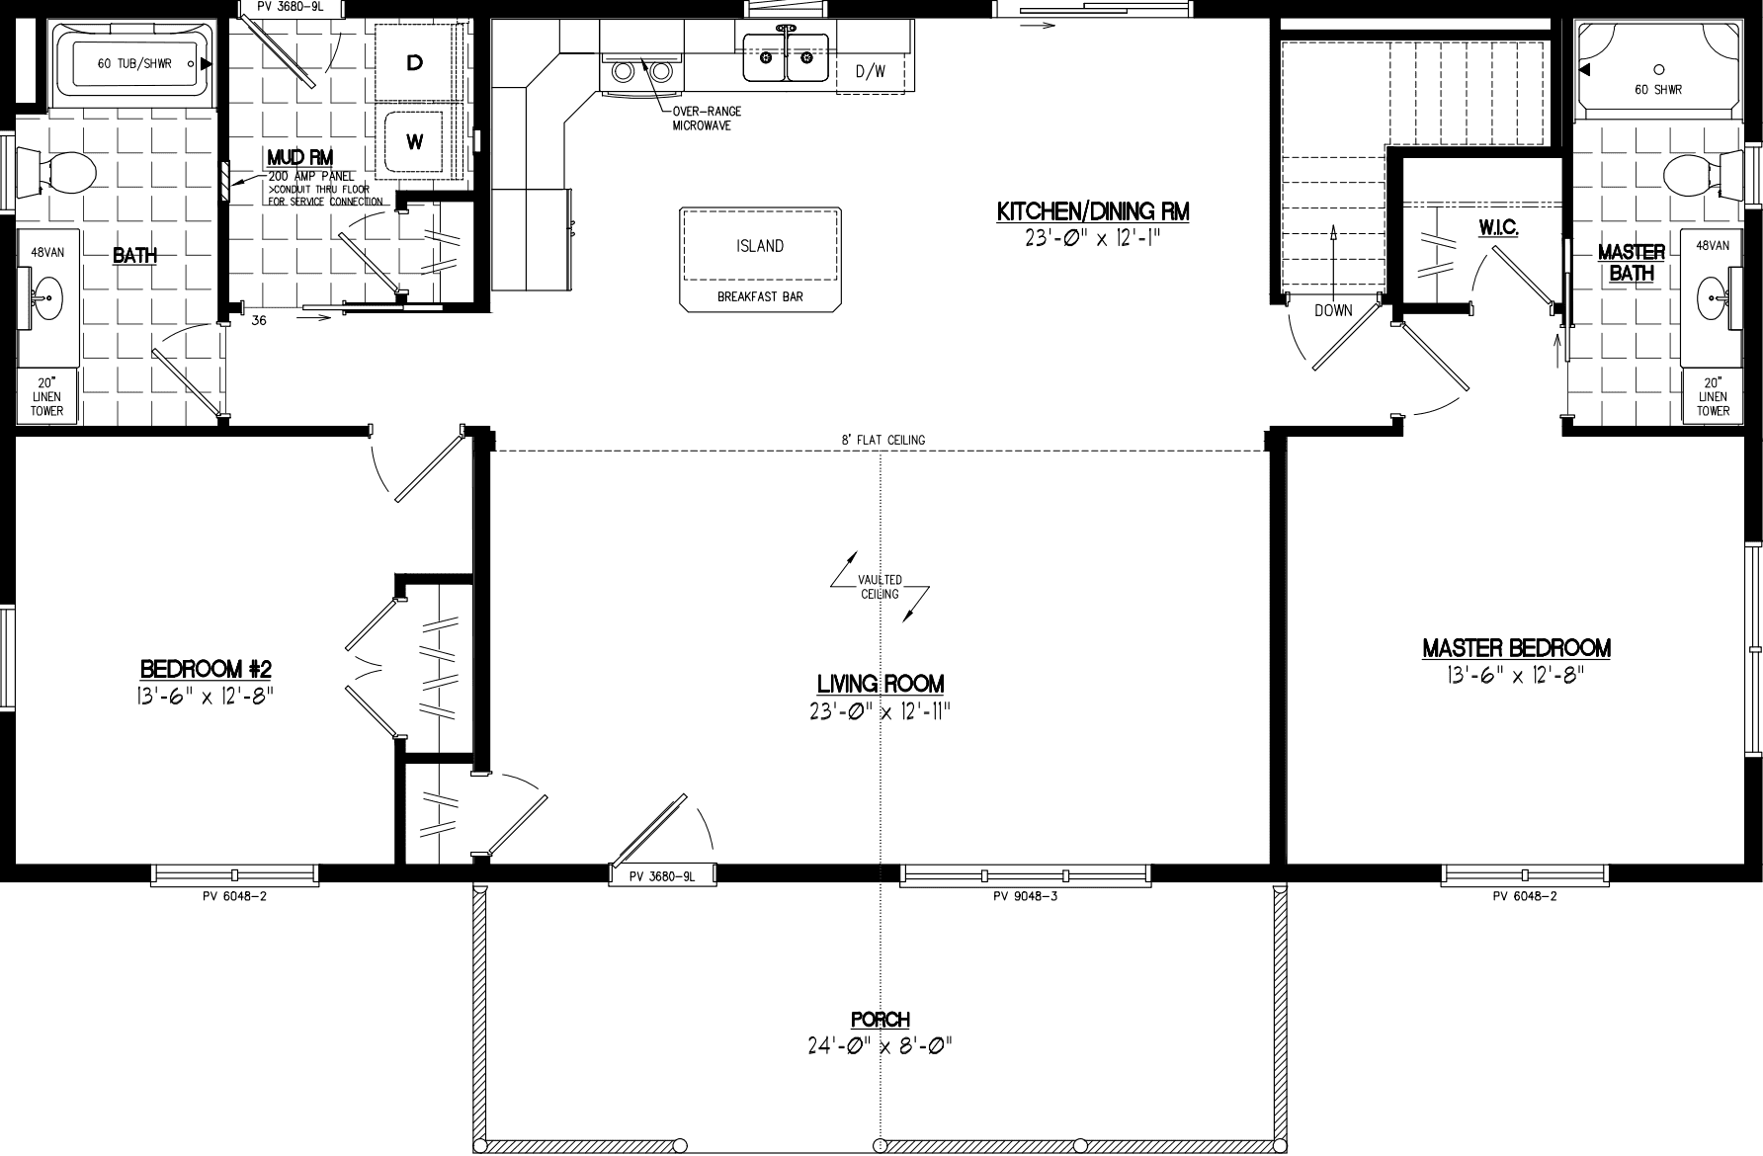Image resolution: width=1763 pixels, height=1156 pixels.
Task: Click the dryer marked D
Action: click(x=415, y=62)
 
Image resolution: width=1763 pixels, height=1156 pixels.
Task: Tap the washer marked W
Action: click(x=415, y=142)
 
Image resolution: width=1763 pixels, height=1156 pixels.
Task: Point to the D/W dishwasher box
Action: click(x=871, y=71)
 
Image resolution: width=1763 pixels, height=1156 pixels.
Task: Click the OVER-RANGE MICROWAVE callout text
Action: click(x=707, y=119)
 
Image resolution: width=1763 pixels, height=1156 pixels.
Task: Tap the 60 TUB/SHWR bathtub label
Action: click(x=135, y=64)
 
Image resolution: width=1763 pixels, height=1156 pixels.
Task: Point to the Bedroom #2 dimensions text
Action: click(x=206, y=694)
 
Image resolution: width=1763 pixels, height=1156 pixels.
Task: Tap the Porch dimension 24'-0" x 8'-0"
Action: click(x=880, y=1045)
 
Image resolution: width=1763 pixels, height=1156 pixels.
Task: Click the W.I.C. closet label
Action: click(x=1499, y=228)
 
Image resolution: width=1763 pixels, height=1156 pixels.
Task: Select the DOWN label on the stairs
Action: click(x=1333, y=310)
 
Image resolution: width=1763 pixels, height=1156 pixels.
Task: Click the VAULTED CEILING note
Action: click(x=880, y=588)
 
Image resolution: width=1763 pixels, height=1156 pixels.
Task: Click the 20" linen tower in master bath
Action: click(x=1713, y=396)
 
